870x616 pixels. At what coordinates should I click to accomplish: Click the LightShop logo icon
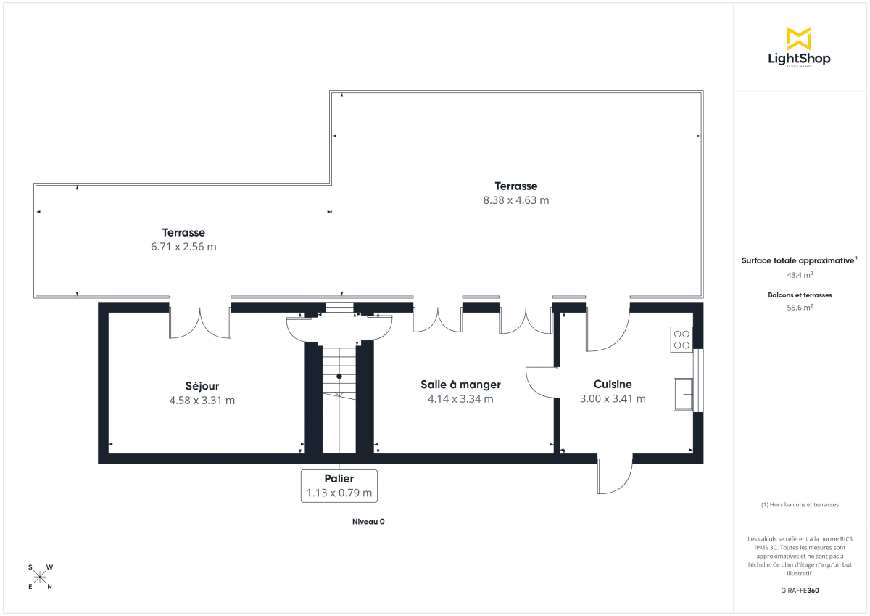click(x=798, y=38)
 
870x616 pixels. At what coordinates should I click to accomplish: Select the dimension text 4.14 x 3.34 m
click(x=460, y=398)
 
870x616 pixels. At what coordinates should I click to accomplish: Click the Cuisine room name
click(x=613, y=385)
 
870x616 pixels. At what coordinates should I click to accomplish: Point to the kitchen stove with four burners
click(x=681, y=339)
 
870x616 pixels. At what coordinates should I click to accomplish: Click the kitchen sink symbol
click(x=683, y=393)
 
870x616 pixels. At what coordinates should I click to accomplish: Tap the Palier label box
click(x=339, y=485)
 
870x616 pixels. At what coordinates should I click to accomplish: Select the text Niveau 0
click(x=368, y=522)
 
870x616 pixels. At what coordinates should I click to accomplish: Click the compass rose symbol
click(x=40, y=577)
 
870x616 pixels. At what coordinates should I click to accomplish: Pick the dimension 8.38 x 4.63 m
click(x=516, y=200)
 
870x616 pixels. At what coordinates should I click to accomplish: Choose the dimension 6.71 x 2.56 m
click(x=183, y=247)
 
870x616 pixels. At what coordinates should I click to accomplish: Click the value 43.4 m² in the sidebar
click(x=800, y=275)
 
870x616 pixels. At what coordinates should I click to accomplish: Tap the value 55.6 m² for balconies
click(x=800, y=307)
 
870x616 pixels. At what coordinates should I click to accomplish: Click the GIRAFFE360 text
click(x=800, y=591)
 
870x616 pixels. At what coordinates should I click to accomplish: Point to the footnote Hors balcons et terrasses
click(x=800, y=504)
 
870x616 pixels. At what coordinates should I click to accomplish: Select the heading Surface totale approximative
click(x=797, y=260)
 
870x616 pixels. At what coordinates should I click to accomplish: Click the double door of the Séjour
click(x=200, y=322)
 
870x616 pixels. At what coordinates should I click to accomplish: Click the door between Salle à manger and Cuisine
click(x=542, y=382)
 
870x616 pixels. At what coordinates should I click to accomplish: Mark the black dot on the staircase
click(x=339, y=376)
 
